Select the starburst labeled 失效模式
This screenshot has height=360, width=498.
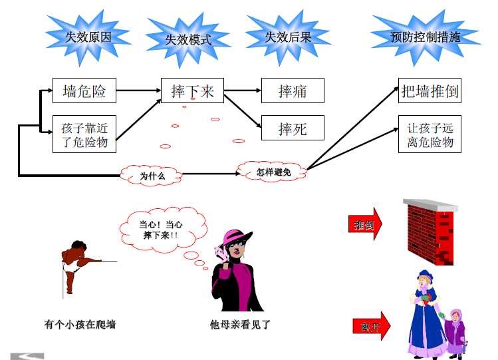pos(188,39)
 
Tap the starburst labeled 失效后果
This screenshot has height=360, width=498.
pos(288,37)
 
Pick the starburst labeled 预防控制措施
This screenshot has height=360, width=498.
pos(426,37)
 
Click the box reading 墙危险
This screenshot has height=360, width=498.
pos(84,91)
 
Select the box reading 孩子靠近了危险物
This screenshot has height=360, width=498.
pos(84,134)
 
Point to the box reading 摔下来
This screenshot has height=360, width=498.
pos(192,91)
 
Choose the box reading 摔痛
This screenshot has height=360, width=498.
pos(293,91)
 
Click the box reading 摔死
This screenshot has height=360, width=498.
pos(293,128)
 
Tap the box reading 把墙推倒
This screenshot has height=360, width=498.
pos(430,91)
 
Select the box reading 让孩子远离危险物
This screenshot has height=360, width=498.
pos(430,134)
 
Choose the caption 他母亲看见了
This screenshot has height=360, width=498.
pos(240,325)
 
